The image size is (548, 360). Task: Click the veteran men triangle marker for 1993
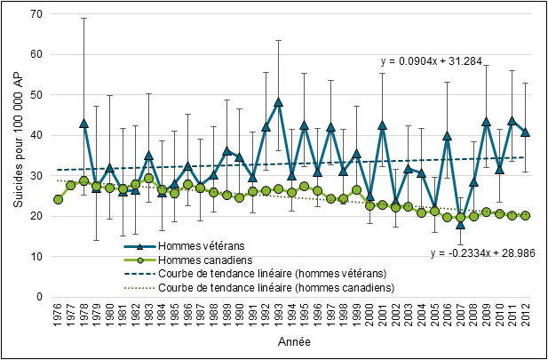(x=278, y=101)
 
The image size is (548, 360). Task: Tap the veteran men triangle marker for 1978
(x=83, y=124)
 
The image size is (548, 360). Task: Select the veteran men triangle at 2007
(x=460, y=224)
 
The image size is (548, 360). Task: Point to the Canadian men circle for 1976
(x=58, y=199)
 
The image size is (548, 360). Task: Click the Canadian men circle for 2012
(x=525, y=215)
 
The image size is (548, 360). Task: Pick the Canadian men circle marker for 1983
(x=148, y=179)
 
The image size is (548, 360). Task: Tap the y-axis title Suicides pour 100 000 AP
(x=15, y=156)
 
